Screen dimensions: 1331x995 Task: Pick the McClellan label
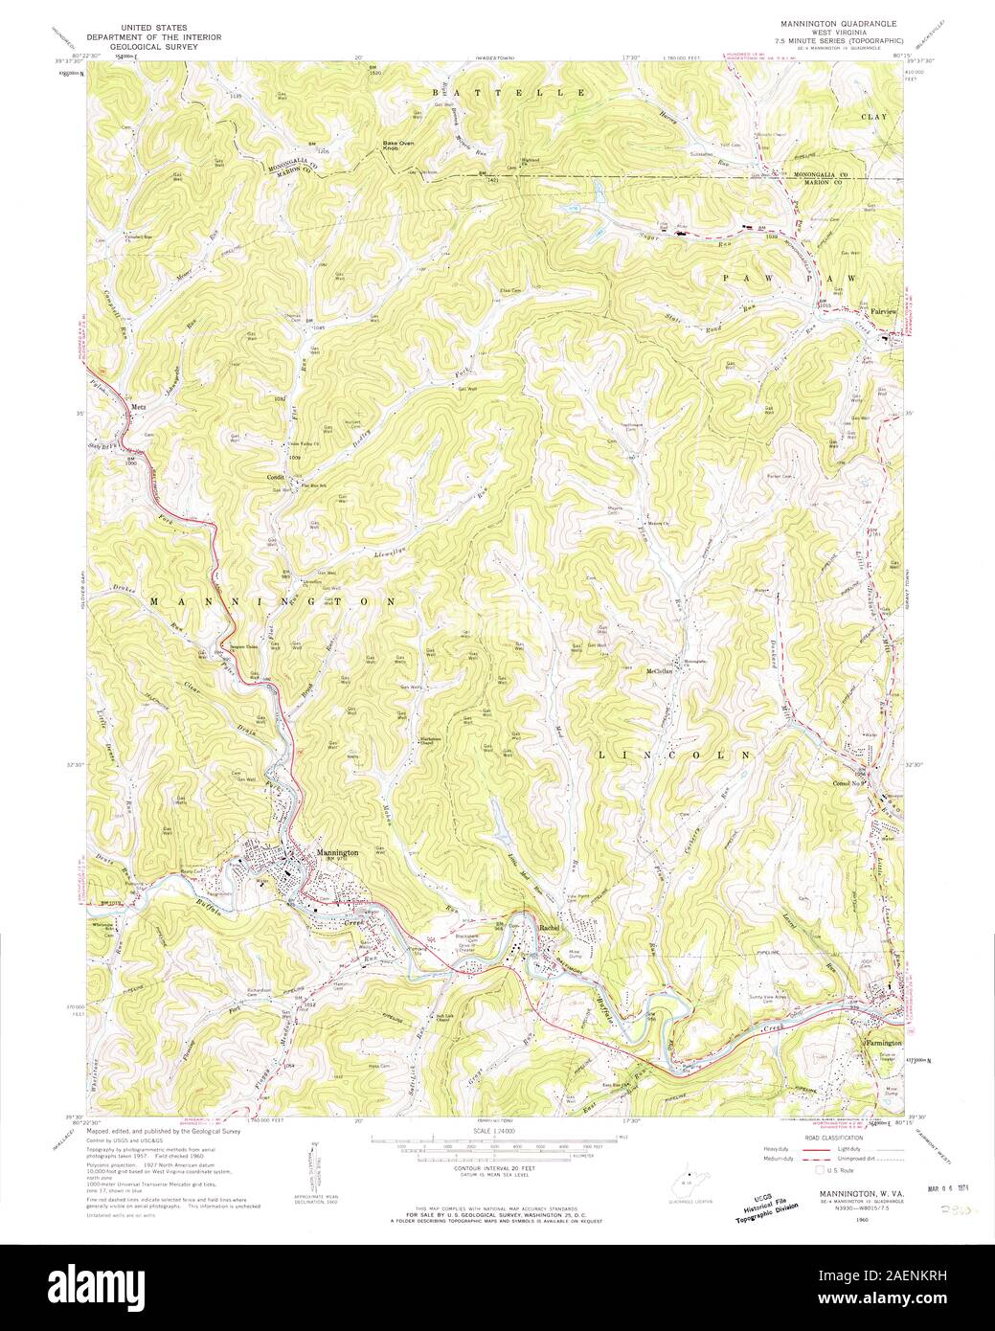coord(658,670)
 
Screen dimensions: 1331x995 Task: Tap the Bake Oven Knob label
coord(396,147)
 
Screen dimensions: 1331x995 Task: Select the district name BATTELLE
coord(509,92)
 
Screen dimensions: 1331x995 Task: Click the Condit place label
coord(277,476)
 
